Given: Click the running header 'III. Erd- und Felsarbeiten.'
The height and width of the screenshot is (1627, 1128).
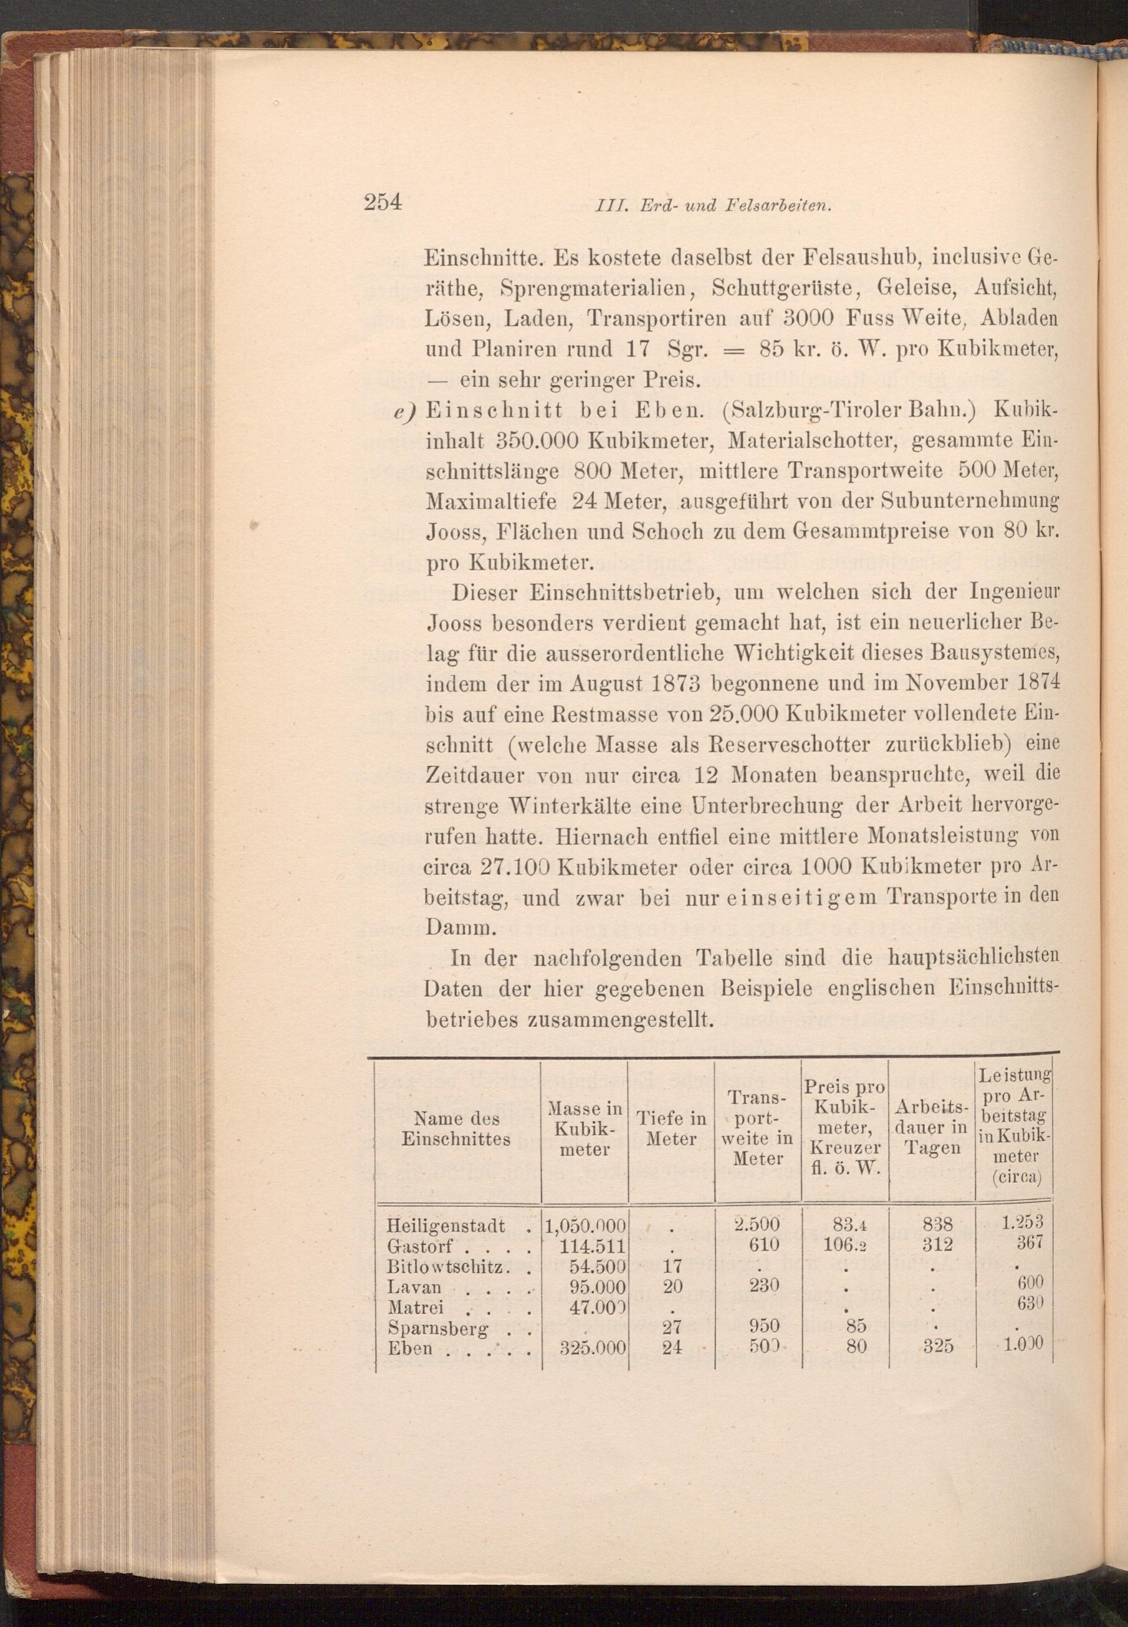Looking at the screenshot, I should tap(712, 206).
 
